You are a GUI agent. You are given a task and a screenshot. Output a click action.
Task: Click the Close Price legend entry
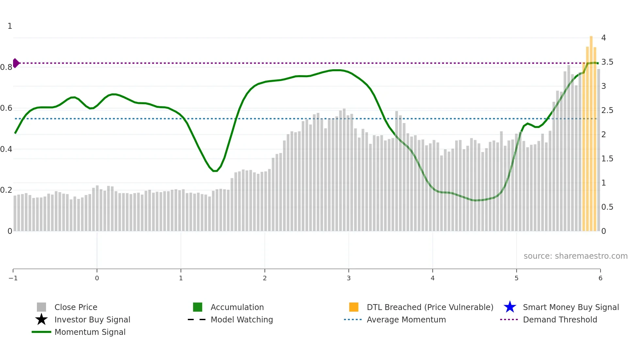(76, 307)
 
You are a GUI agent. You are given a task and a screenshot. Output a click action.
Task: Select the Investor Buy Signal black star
(41, 319)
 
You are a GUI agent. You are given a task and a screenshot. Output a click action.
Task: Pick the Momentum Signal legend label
(90, 332)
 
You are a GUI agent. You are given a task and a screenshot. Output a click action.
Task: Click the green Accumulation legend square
(198, 307)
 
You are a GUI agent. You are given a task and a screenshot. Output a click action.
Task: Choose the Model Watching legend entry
(242, 319)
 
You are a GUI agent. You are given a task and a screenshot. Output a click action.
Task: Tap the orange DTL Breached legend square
(354, 307)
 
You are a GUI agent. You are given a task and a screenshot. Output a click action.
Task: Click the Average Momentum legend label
(406, 319)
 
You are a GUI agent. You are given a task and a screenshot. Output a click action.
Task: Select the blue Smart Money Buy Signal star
(510, 307)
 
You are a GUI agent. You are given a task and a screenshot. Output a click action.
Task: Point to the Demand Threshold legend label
(560, 319)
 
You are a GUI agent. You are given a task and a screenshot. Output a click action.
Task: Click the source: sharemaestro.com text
(575, 256)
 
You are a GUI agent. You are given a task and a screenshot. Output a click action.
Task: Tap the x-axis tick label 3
(349, 278)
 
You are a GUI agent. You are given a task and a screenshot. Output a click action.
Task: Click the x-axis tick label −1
(13, 278)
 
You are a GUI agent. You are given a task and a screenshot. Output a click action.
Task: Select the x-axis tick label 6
(600, 278)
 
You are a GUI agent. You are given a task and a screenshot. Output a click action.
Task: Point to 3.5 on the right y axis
(607, 62)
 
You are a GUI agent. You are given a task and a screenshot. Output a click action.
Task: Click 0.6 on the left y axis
(6, 108)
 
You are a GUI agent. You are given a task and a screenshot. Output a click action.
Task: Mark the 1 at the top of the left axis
(10, 26)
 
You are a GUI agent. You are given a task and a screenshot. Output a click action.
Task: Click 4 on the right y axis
(603, 38)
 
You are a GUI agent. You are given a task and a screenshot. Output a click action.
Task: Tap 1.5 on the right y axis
(607, 159)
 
